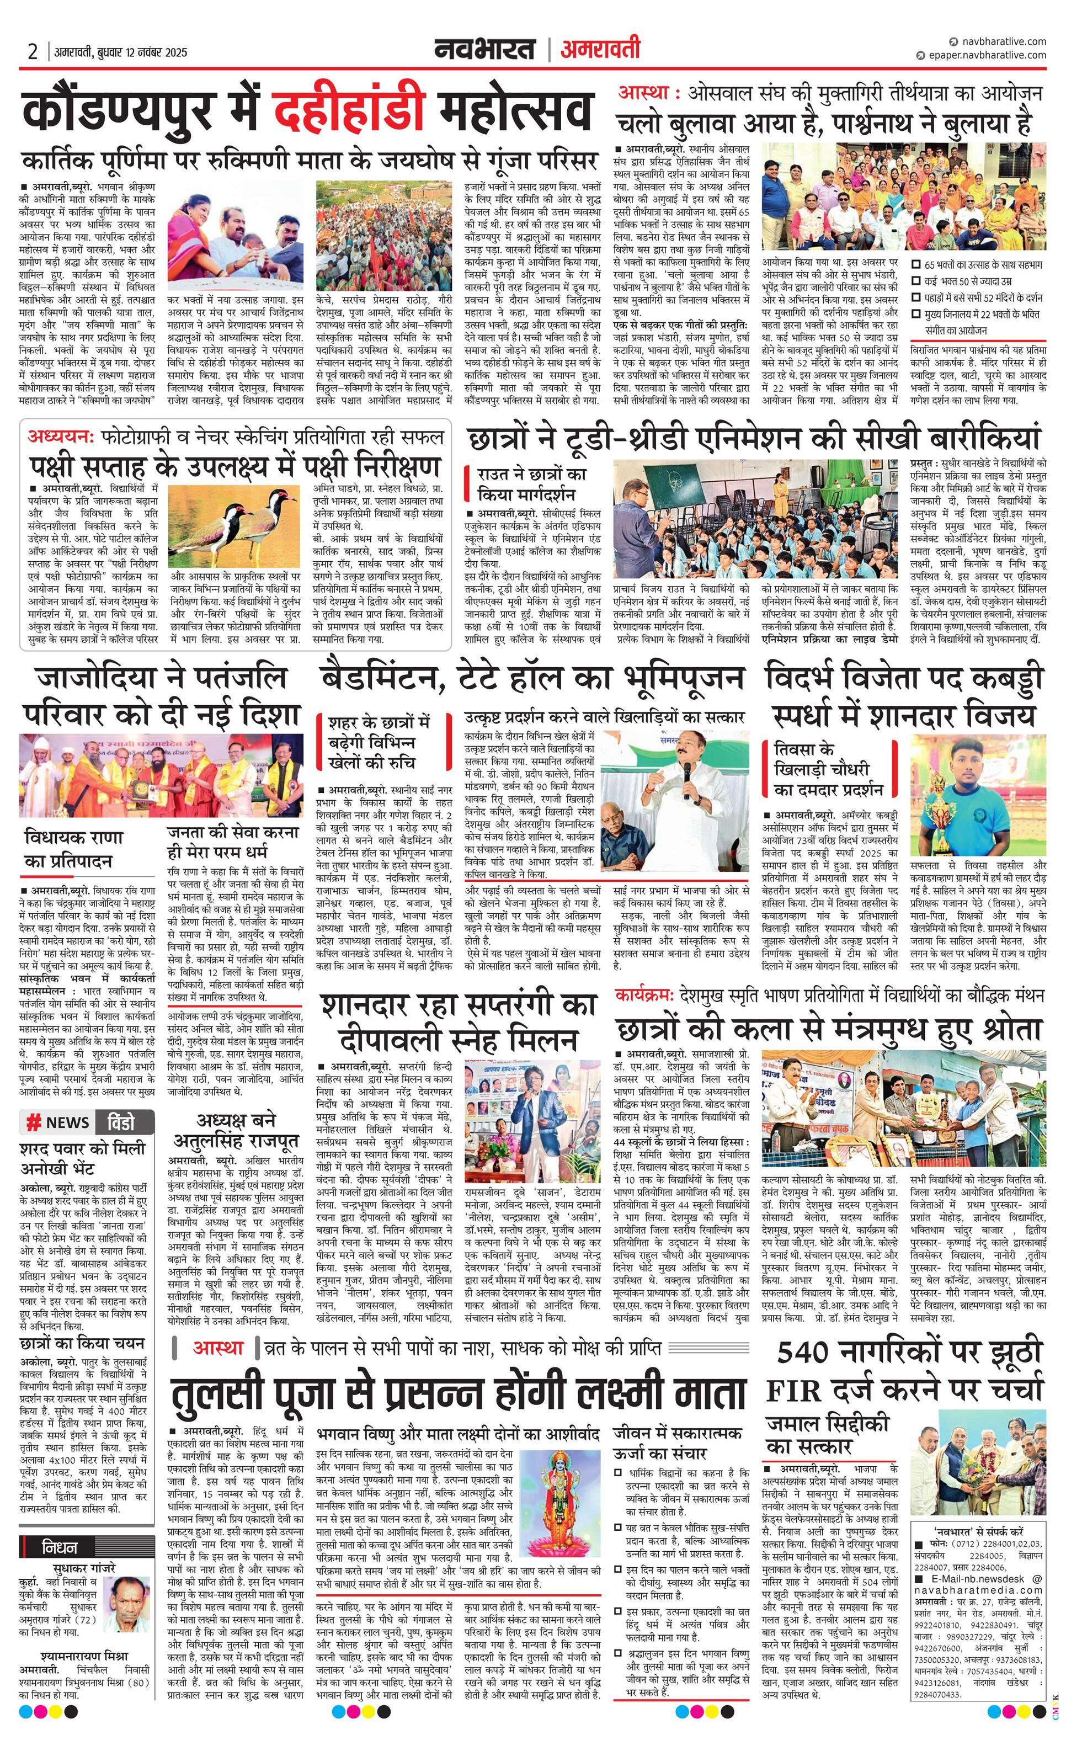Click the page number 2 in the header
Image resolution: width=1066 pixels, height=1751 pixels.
pos(32,52)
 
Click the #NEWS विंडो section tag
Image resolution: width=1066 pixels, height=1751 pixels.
pos(87,1122)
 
